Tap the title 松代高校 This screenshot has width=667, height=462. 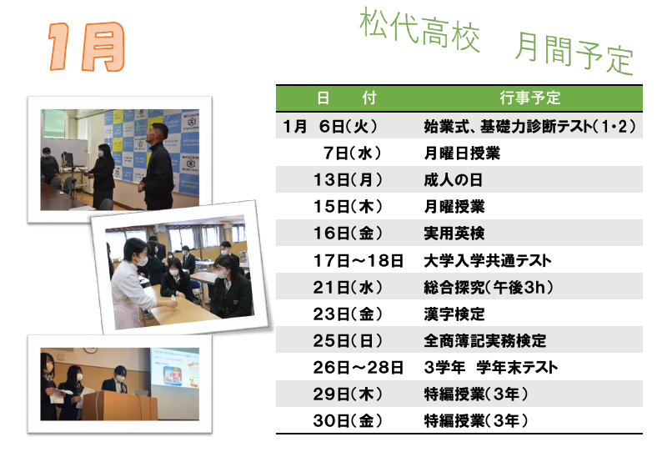click(420, 33)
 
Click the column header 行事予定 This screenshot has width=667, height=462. click(530, 98)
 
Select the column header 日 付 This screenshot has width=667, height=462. click(346, 98)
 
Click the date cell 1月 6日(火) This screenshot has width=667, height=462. click(331, 127)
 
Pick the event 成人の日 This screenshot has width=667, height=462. click(454, 179)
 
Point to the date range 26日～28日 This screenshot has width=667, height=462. click(359, 368)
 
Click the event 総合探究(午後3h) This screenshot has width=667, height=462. click(489, 288)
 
